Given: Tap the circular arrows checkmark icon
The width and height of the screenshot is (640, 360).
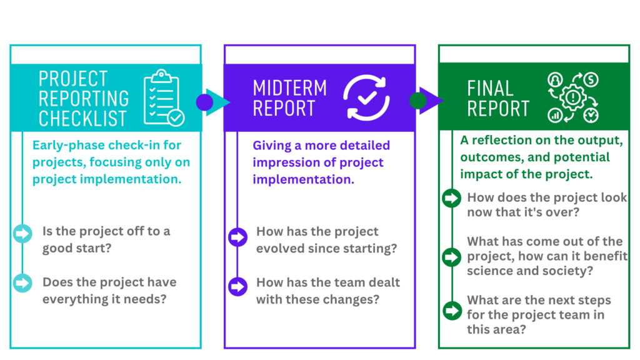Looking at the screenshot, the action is [x=366, y=97].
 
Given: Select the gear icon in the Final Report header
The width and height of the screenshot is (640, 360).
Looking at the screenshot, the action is [x=572, y=97].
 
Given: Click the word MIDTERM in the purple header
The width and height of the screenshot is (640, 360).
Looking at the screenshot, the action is [x=290, y=87].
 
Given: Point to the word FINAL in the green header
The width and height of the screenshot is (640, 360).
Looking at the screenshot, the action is [x=490, y=89].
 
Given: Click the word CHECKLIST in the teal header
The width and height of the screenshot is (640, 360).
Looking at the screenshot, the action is [x=83, y=118].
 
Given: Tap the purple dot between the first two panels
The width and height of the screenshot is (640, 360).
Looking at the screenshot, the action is [x=204, y=102].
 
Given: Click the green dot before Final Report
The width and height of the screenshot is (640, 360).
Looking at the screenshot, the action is [x=418, y=101].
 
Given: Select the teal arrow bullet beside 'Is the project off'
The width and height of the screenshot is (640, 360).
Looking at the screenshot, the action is [x=22, y=234].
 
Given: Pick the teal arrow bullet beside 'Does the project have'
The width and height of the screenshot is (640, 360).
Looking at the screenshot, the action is [x=22, y=283].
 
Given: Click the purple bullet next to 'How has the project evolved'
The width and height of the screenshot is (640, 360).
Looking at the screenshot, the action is [x=237, y=237].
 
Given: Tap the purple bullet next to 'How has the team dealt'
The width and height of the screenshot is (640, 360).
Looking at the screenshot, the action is [x=237, y=286].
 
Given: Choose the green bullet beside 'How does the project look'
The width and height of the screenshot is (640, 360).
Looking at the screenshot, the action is [x=451, y=198].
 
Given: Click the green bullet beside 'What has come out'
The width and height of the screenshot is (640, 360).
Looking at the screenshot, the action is [x=451, y=257].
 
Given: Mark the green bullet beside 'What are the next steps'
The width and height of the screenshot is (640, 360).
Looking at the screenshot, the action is [x=452, y=311].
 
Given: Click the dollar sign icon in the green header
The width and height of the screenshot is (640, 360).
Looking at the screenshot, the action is [x=591, y=79].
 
